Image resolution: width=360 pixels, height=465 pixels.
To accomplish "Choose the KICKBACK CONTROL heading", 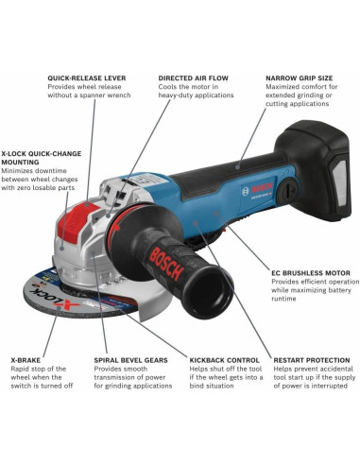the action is tap(223, 360).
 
